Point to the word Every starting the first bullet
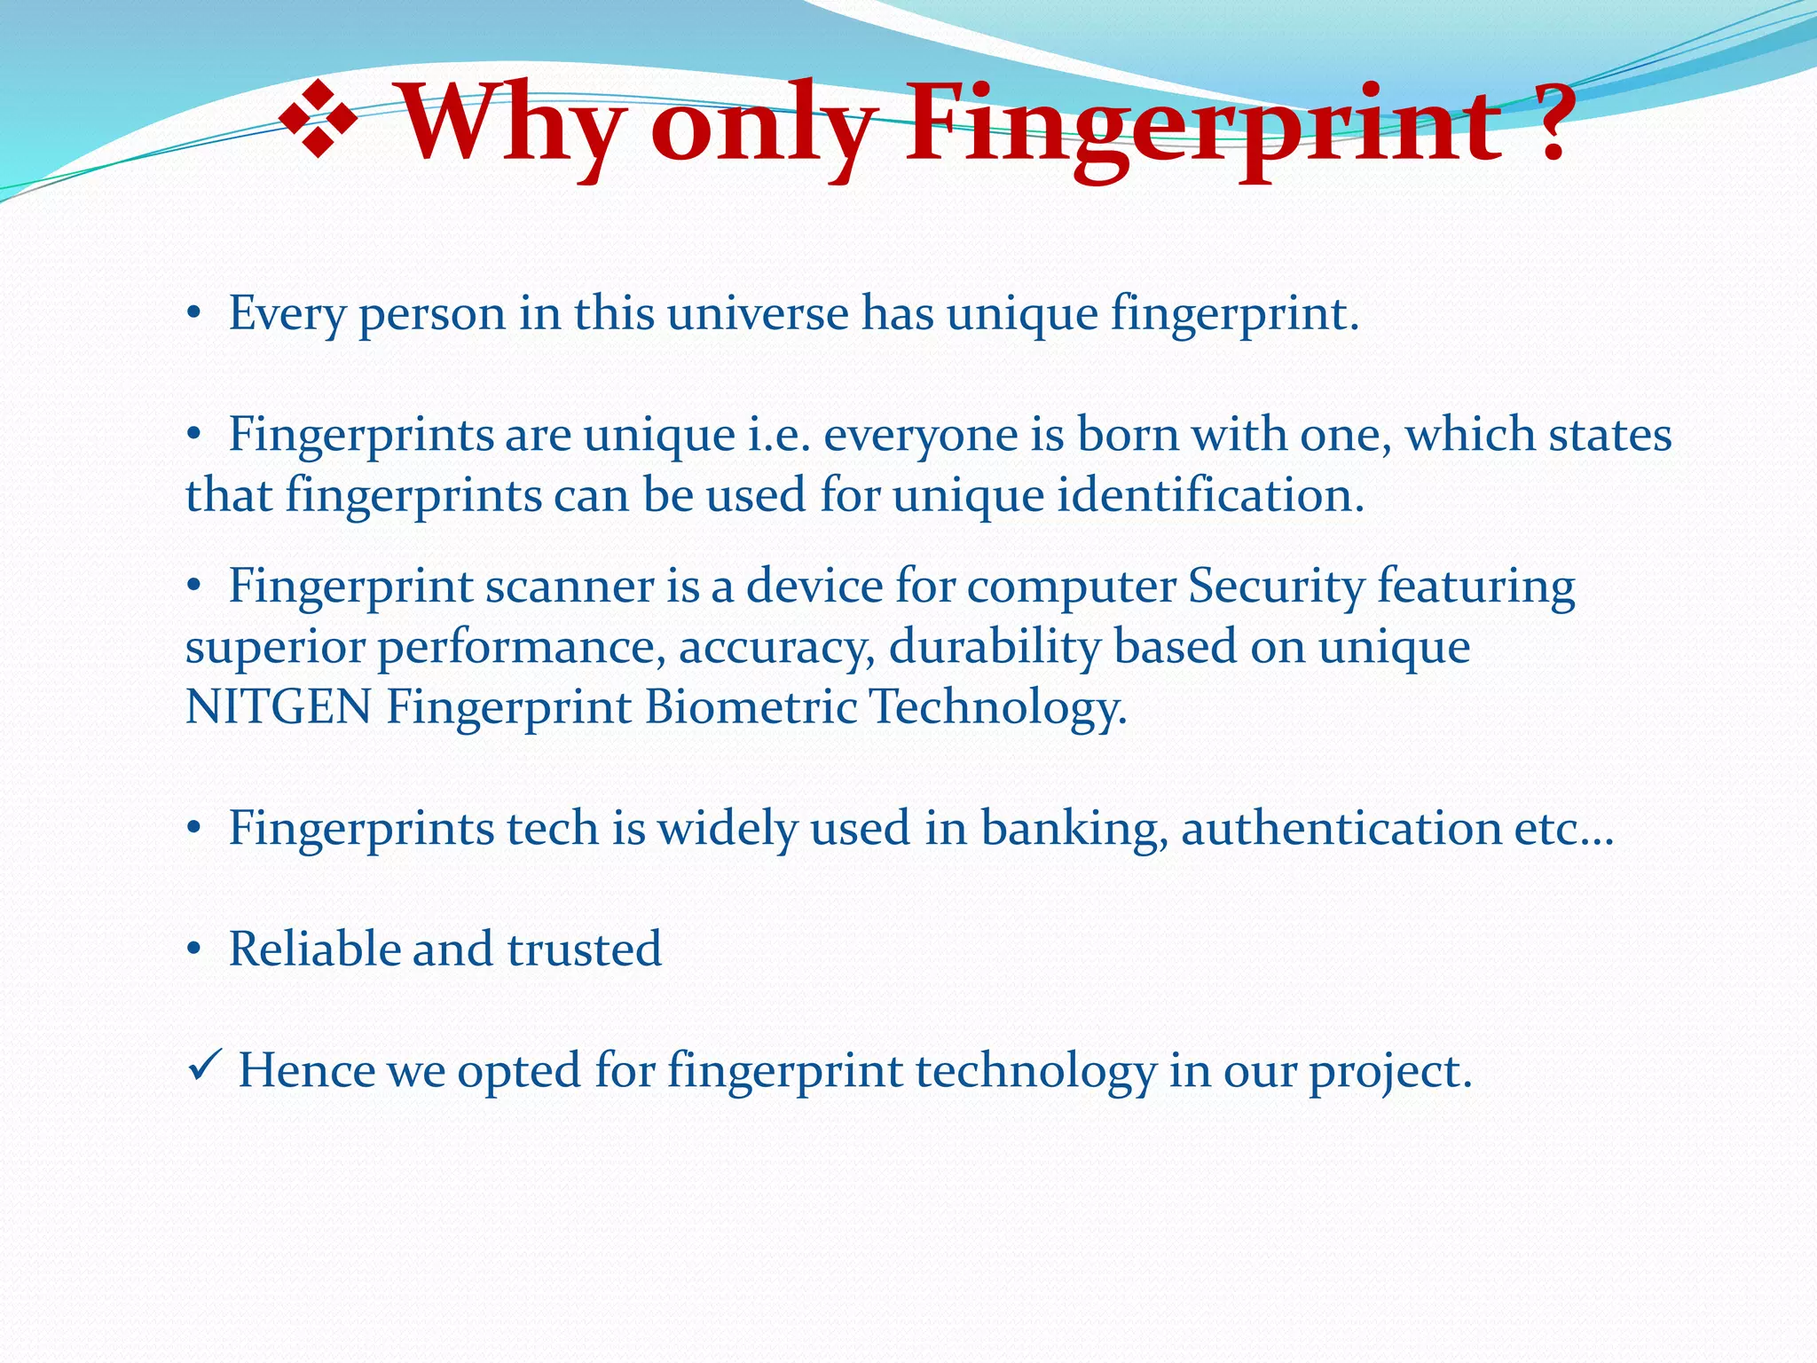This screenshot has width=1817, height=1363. [286, 314]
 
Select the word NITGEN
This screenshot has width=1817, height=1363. [278, 707]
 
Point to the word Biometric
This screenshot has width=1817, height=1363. [751, 707]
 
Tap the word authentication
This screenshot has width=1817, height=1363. [1341, 829]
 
